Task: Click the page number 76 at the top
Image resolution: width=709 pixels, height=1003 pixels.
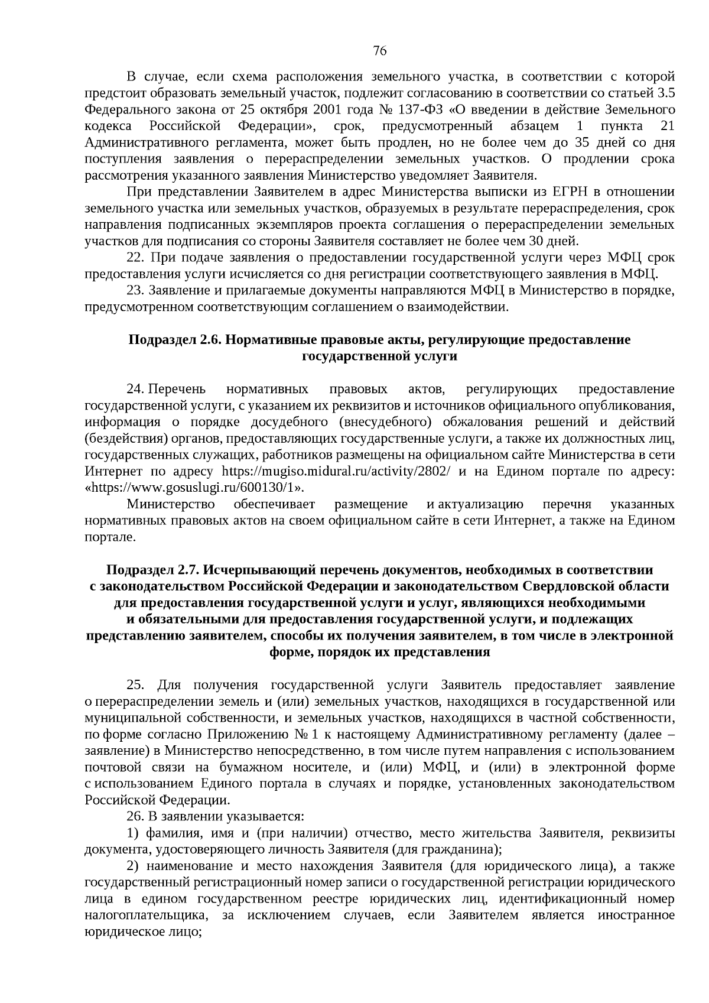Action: pos(380,51)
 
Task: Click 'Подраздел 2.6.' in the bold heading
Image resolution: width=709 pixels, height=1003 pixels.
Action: pos(175,340)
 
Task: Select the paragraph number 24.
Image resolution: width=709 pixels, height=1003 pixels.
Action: pos(135,389)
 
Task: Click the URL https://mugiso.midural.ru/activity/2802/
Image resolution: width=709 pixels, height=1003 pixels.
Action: pos(336,472)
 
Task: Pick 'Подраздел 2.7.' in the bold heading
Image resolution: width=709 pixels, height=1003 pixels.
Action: pos(152,570)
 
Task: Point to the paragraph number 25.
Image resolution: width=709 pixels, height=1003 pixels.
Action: pos(135,685)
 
